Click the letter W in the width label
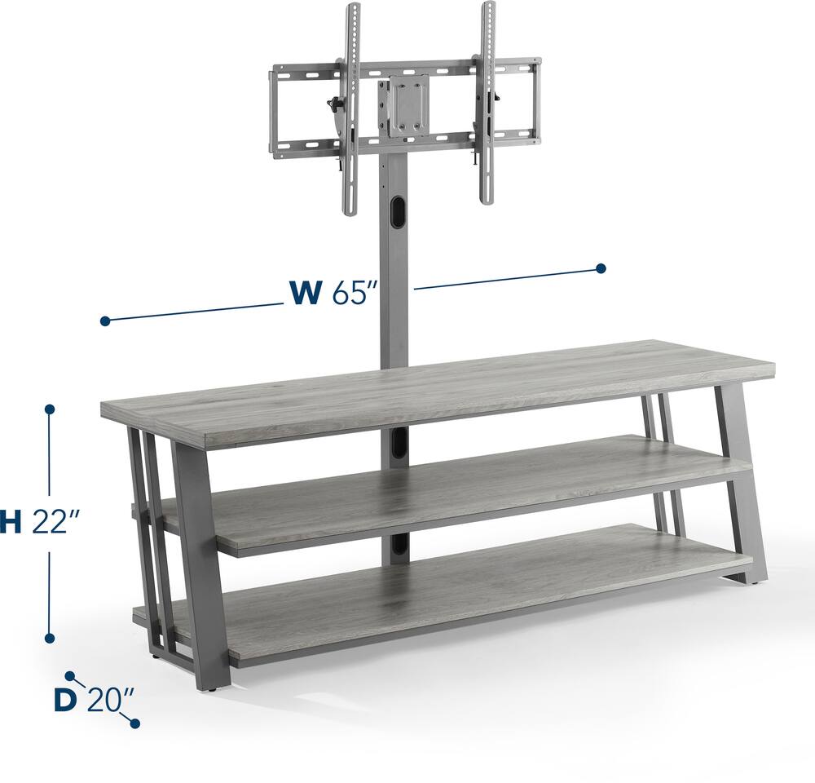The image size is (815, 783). [x=305, y=292]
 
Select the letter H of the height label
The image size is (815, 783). [x=10, y=523]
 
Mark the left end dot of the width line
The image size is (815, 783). [x=105, y=321]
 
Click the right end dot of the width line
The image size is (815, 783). [x=601, y=268]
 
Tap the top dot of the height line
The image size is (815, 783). [x=50, y=409]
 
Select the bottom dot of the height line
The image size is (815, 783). [x=50, y=639]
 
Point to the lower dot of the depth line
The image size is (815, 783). [x=135, y=723]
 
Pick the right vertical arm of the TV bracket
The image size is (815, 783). [x=487, y=106]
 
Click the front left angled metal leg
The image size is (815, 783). [x=201, y=563]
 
